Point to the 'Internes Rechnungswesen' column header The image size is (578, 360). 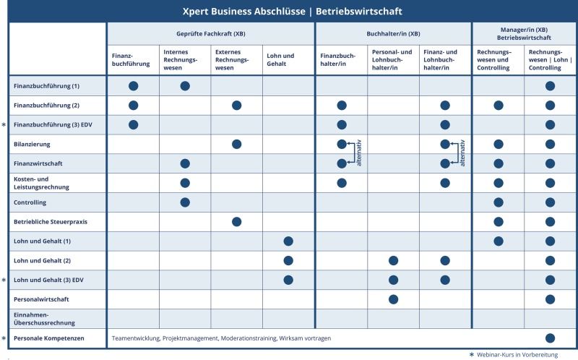[x=181, y=59]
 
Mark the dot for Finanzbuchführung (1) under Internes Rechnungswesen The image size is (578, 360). [x=185, y=86]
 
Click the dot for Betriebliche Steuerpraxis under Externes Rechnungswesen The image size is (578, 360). [x=236, y=221]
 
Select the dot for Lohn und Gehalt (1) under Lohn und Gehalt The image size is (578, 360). [x=288, y=241]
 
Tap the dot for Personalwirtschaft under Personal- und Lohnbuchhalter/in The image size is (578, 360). [x=393, y=299]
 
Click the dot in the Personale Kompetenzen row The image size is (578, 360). [x=550, y=338]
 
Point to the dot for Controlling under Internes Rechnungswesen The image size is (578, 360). [x=185, y=202]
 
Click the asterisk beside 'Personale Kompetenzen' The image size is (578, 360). [x=5, y=338]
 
